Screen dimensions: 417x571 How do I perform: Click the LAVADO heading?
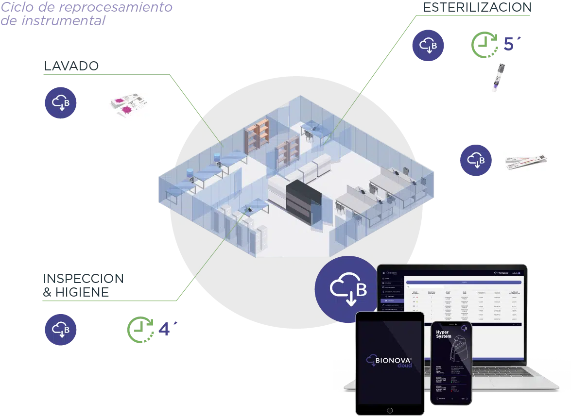pos(71,66)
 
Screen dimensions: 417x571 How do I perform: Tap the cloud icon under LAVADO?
pos(60,102)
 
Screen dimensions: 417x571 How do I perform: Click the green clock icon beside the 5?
pos(484,44)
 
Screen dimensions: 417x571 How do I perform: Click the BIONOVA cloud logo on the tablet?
pos(390,362)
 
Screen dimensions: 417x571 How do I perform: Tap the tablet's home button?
pos(389,410)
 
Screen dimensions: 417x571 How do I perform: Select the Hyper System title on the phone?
pos(444,334)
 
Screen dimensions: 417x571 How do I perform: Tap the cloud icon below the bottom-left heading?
pos(60,330)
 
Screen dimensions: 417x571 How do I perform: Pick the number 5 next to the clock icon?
pos(507,43)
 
